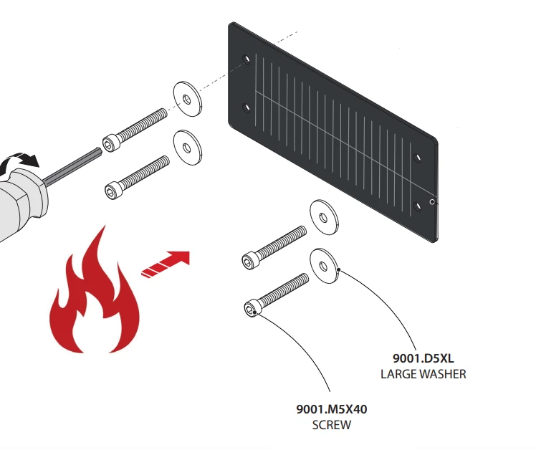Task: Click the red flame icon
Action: tap(93, 301)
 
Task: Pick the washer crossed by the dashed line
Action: tap(188, 97)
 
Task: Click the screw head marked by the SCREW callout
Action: tap(251, 310)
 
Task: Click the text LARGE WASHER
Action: tap(423, 374)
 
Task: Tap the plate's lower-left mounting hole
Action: tap(247, 107)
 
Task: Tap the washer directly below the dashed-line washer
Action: tap(188, 145)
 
